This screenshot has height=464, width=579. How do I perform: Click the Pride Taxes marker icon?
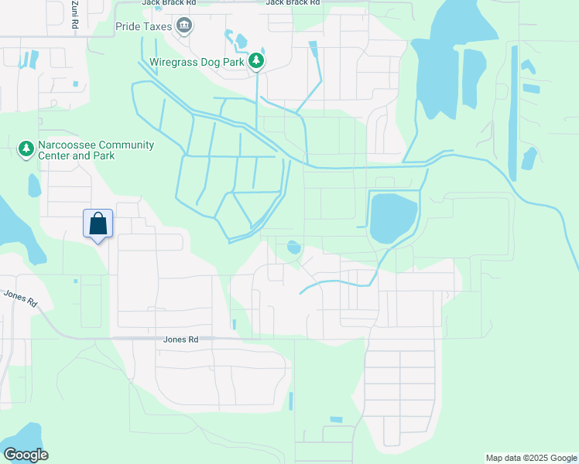tap(184, 27)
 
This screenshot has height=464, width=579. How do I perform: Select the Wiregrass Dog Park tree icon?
tap(257, 61)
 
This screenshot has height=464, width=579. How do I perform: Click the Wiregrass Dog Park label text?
tap(197, 61)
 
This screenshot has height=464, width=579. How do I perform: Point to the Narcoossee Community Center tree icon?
tap(26, 148)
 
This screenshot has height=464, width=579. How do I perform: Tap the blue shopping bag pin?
tap(98, 224)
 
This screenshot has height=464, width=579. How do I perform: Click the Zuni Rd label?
tap(75, 14)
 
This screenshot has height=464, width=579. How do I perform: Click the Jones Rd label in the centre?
tap(181, 339)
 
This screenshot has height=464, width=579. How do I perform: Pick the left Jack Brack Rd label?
tap(169, 3)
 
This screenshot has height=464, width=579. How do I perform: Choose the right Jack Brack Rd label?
tap(293, 3)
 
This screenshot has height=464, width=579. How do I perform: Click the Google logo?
tap(26, 455)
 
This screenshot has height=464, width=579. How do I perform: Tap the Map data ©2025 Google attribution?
tap(531, 458)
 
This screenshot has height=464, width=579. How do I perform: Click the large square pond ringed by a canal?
tap(393, 218)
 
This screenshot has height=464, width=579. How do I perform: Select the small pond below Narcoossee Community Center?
tap(34, 186)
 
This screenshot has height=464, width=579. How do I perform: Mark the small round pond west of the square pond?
tap(293, 247)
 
